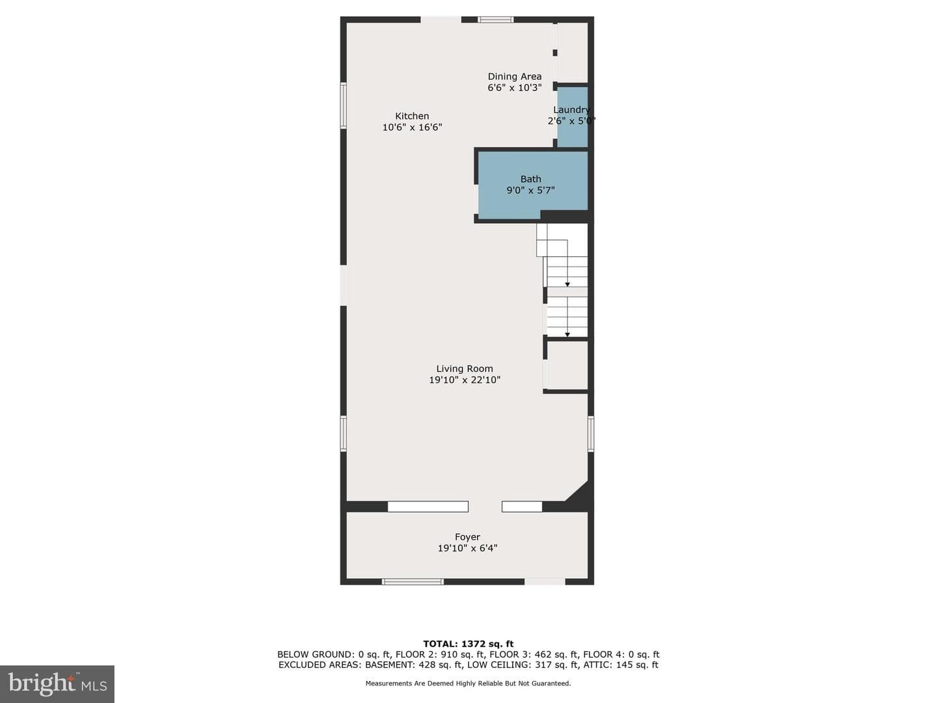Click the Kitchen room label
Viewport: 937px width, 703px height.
[412, 116]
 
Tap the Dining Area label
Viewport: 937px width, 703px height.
[515, 76]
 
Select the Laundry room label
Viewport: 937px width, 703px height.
[571, 110]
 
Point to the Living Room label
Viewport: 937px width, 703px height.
[465, 369]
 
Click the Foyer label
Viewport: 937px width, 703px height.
[467, 537]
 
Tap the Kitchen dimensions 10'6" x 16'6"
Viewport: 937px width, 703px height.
[412, 127]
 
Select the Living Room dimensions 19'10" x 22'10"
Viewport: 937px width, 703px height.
[465, 380]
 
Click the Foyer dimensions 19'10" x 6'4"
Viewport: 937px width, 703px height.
[467, 548]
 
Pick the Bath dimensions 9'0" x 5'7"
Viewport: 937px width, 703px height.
[530, 191]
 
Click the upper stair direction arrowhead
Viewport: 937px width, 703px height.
[567, 284]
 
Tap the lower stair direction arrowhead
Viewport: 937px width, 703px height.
[567, 334]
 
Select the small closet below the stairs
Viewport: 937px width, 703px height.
[567, 365]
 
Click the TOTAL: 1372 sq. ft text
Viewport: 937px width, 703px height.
[468, 644]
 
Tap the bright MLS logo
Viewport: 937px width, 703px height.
[57, 683]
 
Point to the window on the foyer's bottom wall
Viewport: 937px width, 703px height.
[413, 581]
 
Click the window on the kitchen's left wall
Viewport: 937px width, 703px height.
[343, 105]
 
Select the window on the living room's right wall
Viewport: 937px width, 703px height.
[591, 434]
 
